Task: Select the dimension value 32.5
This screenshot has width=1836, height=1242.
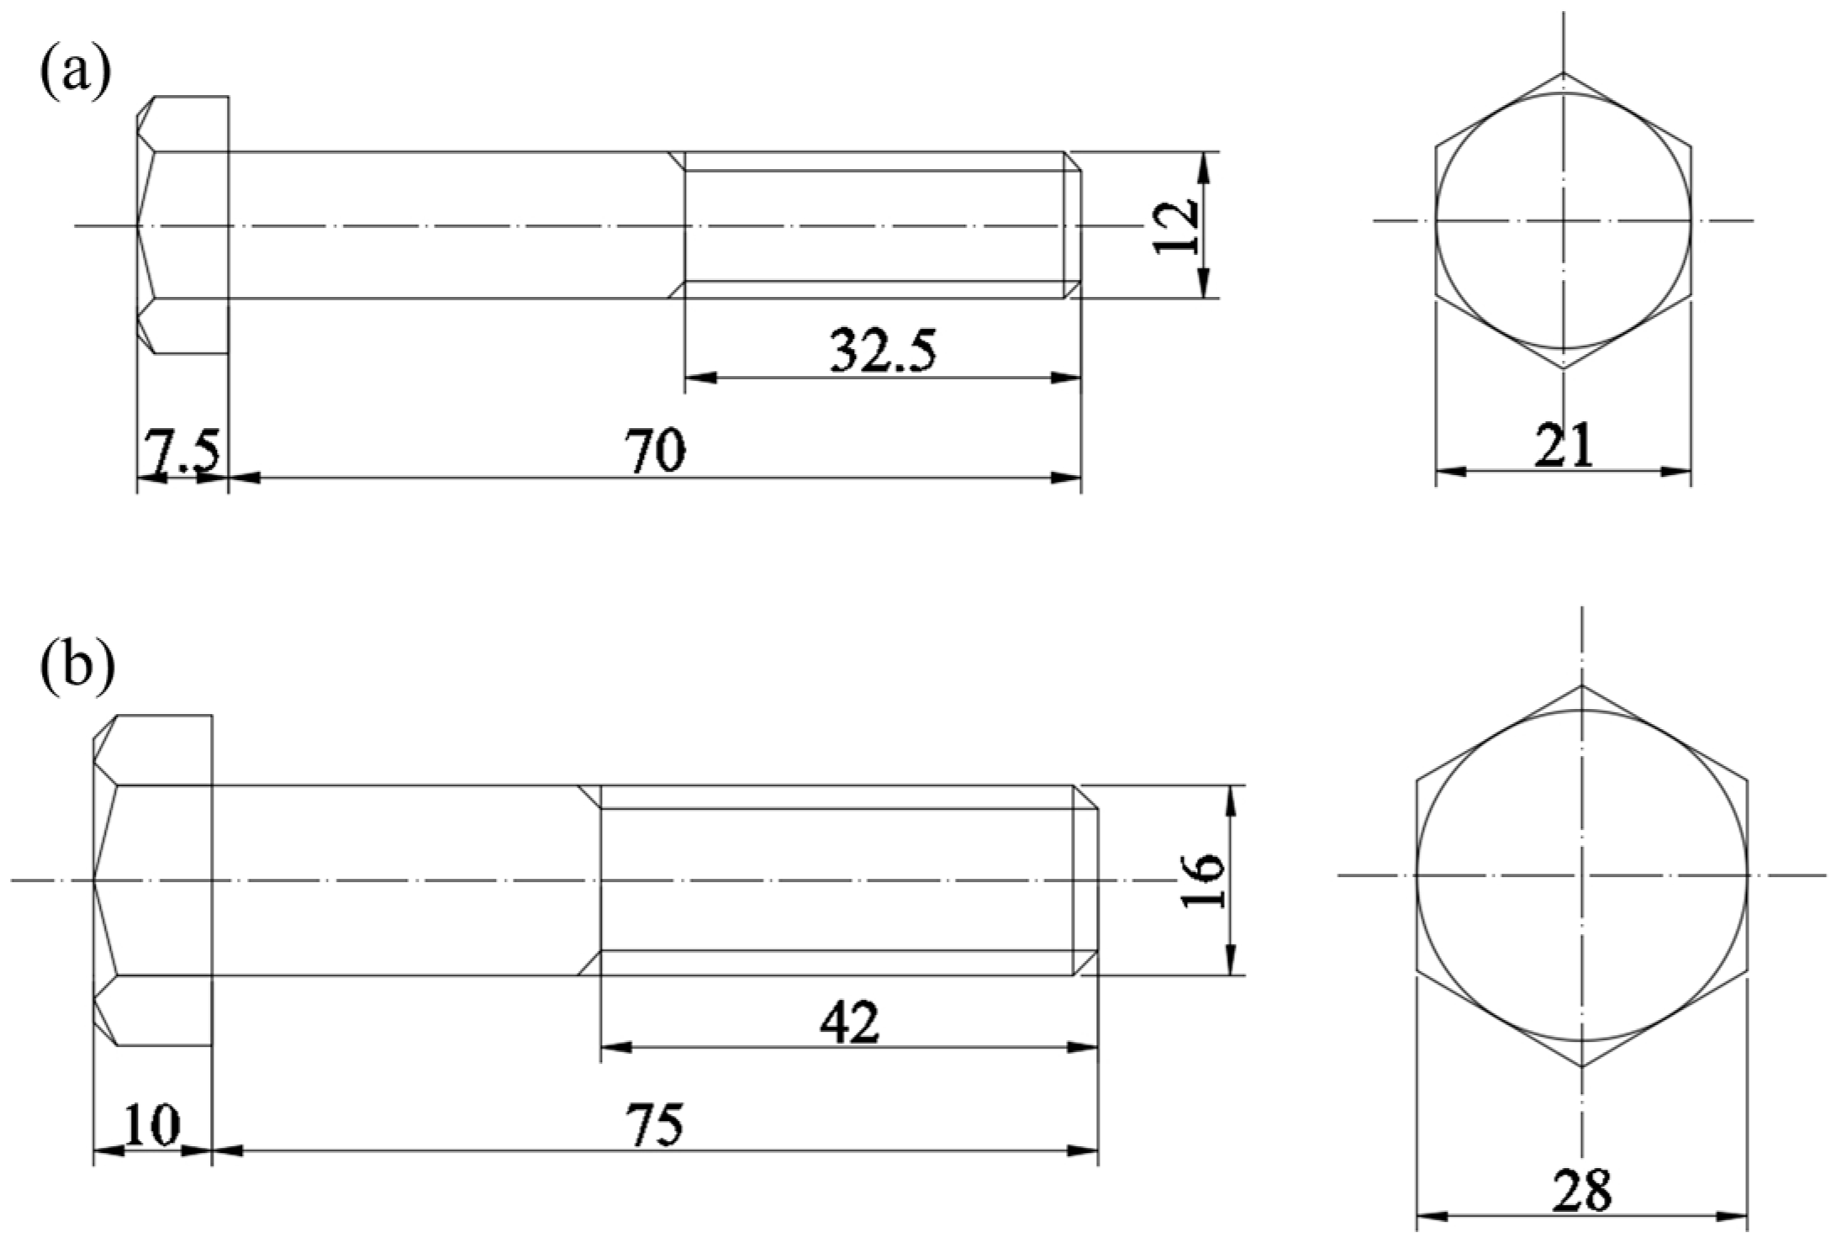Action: (x=882, y=351)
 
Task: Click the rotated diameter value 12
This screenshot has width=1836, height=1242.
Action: (x=1175, y=225)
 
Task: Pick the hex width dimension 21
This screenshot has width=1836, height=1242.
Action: (x=1563, y=445)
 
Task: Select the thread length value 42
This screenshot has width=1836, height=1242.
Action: (x=849, y=1023)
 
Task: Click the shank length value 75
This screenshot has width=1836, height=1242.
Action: (x=655, y=1124)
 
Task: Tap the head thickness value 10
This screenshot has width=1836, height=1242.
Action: (x=152, y=1124)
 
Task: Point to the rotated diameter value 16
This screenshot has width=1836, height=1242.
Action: (x=1202, y=880)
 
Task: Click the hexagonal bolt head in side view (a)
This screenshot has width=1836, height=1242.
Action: (x=183, y=225)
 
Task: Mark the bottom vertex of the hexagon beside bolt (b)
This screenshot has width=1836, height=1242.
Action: (x=1582, y=1067)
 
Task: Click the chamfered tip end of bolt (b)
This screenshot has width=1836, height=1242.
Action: (x=1086, y=880)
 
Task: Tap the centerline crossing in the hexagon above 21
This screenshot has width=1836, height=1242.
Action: (x=1563, y=221)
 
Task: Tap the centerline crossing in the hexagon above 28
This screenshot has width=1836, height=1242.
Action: (x=1582, y=875)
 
